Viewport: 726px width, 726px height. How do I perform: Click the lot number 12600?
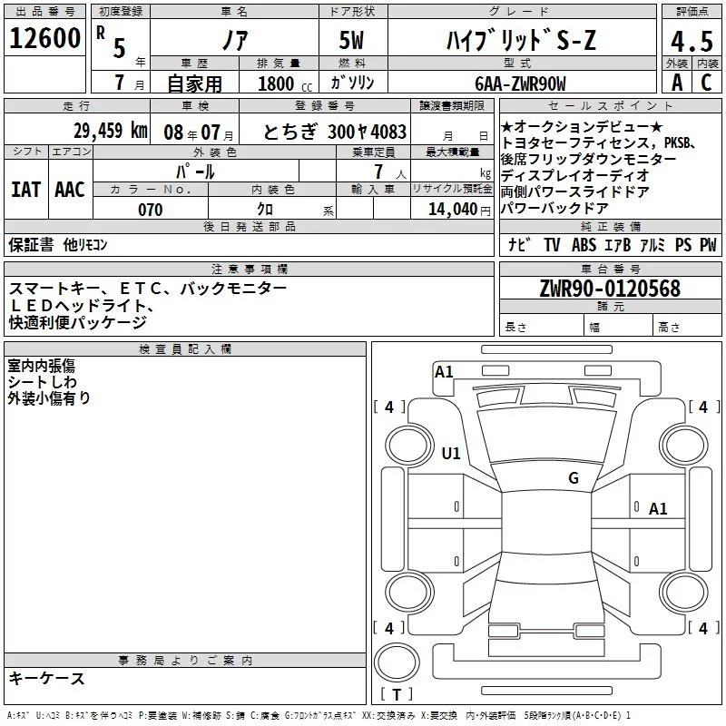click(x=44, y=38)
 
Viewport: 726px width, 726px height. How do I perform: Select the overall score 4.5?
click(x=692, y=41)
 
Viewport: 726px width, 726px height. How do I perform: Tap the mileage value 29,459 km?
click(x=111, y=131)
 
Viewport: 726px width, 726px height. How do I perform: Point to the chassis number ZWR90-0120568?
click(x=610, y=288)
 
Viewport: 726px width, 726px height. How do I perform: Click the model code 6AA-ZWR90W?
click(x=520, y=83)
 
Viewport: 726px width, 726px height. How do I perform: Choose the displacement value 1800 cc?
click(x=285, y=83)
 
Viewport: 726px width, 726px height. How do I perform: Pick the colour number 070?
click(x=151, y=210)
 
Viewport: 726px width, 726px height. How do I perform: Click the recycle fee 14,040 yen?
click(x=459, y=210)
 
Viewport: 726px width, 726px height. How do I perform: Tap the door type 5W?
click(x=351, y=40)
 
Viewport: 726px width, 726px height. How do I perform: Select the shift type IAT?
click(x=26, y=190)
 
